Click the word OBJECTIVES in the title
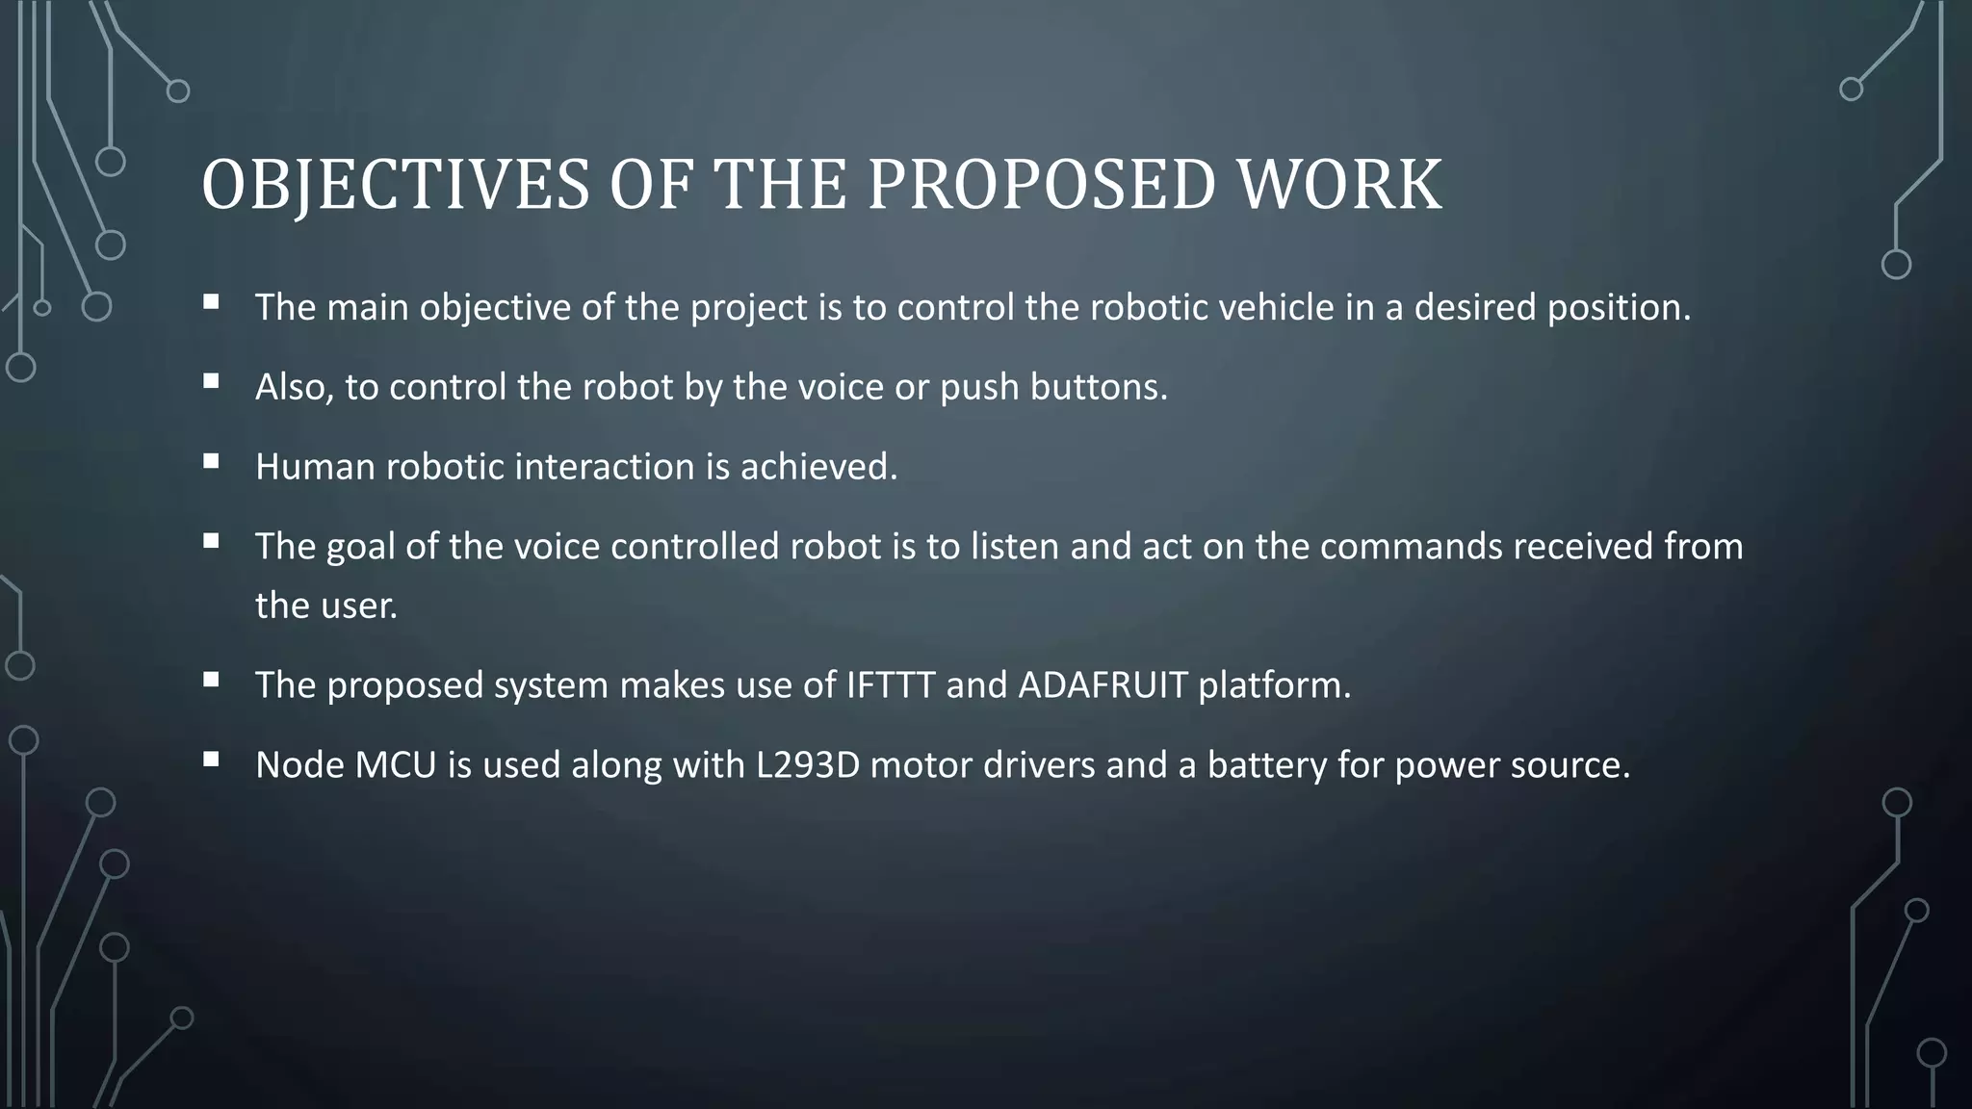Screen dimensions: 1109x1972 (x=395, y=185)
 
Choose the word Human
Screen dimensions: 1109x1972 (x=315, y=467)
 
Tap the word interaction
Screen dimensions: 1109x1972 (x=605, y=467)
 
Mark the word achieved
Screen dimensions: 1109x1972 (x=818, y=467)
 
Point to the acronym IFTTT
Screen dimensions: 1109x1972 (x=891, y=685)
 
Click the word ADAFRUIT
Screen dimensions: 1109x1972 (x=1103, y=685)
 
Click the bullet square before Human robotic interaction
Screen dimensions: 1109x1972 (x=211, y=461)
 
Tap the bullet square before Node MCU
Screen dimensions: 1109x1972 (x=211, y=760)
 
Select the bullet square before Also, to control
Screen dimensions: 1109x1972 (x=211, y=381)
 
